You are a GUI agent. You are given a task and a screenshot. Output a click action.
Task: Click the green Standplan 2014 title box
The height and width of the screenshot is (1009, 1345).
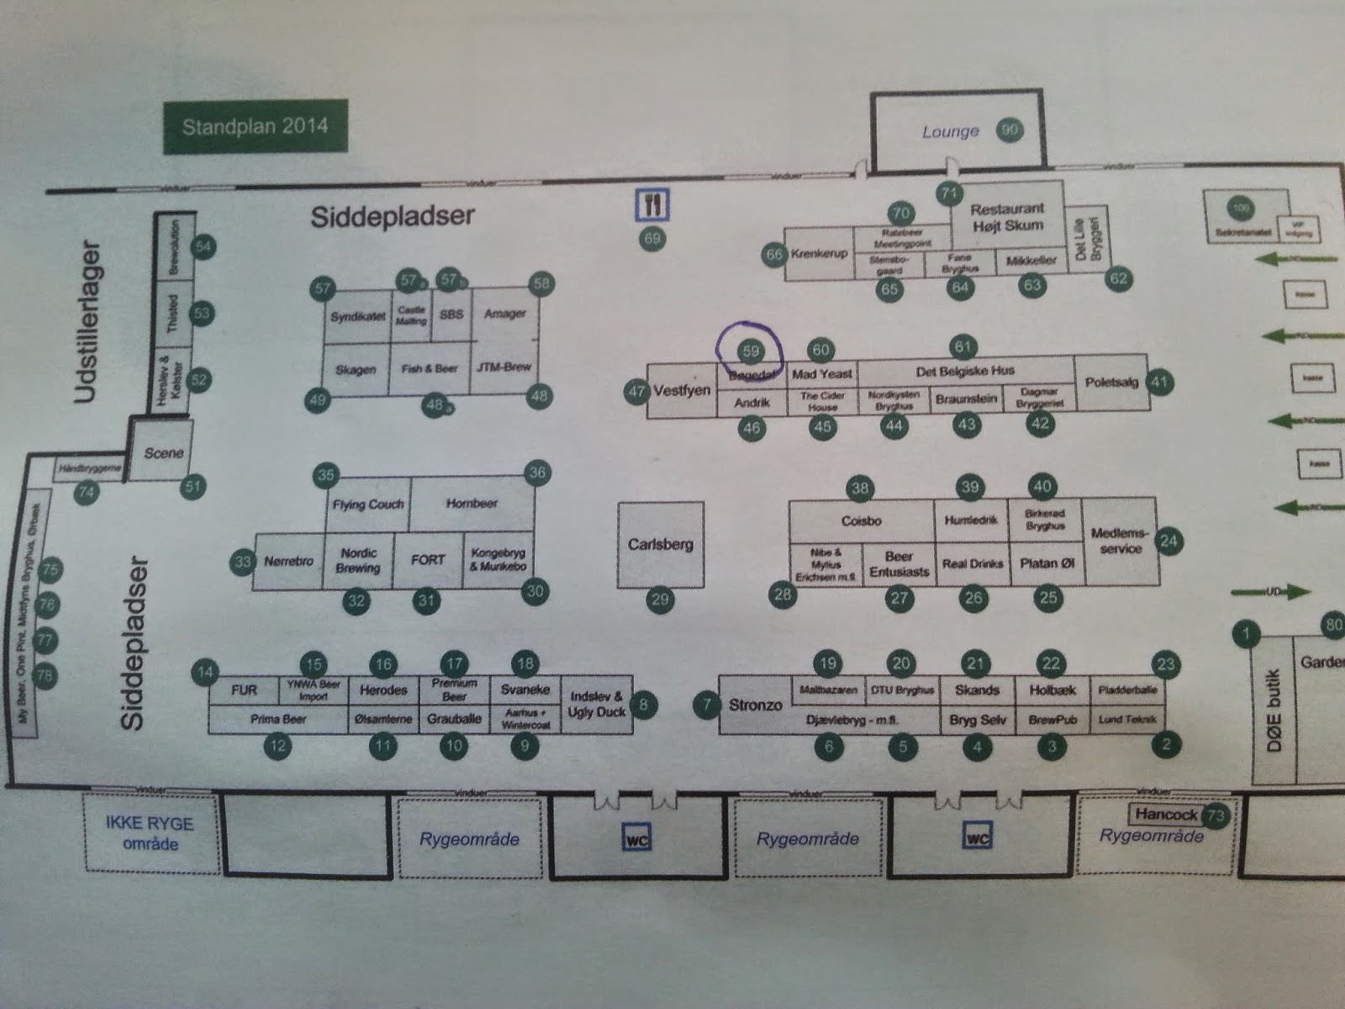tap(255, 128)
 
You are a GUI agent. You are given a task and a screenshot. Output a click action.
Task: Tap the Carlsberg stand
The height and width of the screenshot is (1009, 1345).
tap(661, 545)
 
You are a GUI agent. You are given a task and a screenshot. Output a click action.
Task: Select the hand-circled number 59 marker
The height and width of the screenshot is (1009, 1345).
tap(750, 351)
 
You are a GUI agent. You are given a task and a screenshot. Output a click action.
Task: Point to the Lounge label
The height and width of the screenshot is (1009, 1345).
tap(951, 132)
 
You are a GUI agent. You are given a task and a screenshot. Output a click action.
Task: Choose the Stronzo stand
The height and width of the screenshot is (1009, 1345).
tap(755, 705)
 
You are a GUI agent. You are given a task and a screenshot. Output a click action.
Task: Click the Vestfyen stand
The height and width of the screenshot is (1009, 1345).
tap(682, 391)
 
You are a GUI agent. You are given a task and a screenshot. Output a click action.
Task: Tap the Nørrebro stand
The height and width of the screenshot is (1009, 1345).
tap(288, 561)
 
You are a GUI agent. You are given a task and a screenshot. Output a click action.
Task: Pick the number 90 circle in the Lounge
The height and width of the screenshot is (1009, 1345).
tap(1009, 130)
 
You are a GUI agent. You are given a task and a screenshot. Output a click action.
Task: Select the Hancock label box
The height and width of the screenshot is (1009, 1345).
tap(1166, 814)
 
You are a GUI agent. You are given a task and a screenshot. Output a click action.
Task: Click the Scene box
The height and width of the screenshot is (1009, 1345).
tap(163, 453)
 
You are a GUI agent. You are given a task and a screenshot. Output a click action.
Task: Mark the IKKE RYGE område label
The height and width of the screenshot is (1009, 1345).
tap(150, 832)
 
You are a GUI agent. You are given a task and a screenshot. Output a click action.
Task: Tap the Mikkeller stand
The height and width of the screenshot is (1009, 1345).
tap(1031, 261)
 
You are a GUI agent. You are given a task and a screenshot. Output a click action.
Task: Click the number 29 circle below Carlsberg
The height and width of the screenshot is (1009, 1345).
tap(660, 600)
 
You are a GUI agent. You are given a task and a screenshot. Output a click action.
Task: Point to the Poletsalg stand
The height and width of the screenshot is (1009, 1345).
tap(1111, 383)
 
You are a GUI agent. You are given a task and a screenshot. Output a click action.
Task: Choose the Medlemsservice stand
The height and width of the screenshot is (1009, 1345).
tap(1120, 541)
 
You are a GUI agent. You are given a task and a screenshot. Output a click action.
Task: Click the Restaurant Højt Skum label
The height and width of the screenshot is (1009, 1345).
tap(1007, 217)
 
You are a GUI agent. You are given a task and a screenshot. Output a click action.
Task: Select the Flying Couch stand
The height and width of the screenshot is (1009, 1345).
tap(368, 504)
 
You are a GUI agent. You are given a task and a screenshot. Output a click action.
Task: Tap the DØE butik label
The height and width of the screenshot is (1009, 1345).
tap(1274, 711)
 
